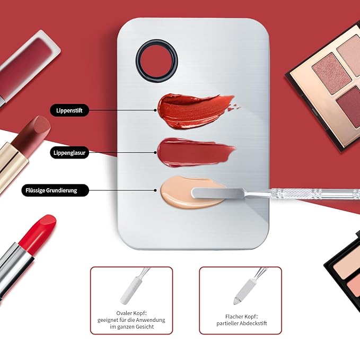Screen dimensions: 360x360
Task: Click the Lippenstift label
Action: point(69,110)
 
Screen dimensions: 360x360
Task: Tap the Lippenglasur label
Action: point(69,153)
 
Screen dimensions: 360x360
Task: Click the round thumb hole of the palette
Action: point(156,58)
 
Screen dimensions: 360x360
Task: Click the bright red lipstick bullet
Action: point(40,231)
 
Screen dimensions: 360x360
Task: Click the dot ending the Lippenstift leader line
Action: point(155,110)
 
